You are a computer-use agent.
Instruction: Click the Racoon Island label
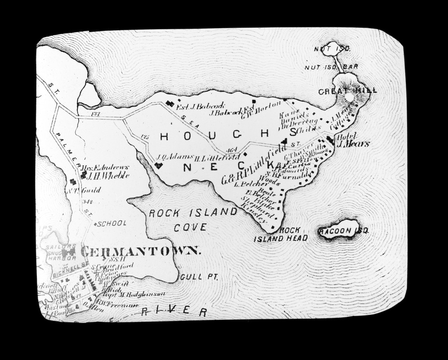344,231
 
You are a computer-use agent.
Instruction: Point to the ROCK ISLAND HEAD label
281,234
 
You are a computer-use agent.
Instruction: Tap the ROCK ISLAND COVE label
193,219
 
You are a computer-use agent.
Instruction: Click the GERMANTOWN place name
140,251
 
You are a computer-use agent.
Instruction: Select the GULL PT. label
199,278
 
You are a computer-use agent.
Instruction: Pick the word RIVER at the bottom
174,311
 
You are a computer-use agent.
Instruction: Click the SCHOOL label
112,223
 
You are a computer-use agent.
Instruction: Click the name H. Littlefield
218,157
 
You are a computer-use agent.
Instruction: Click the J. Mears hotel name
353,144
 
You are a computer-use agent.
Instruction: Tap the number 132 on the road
95,114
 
